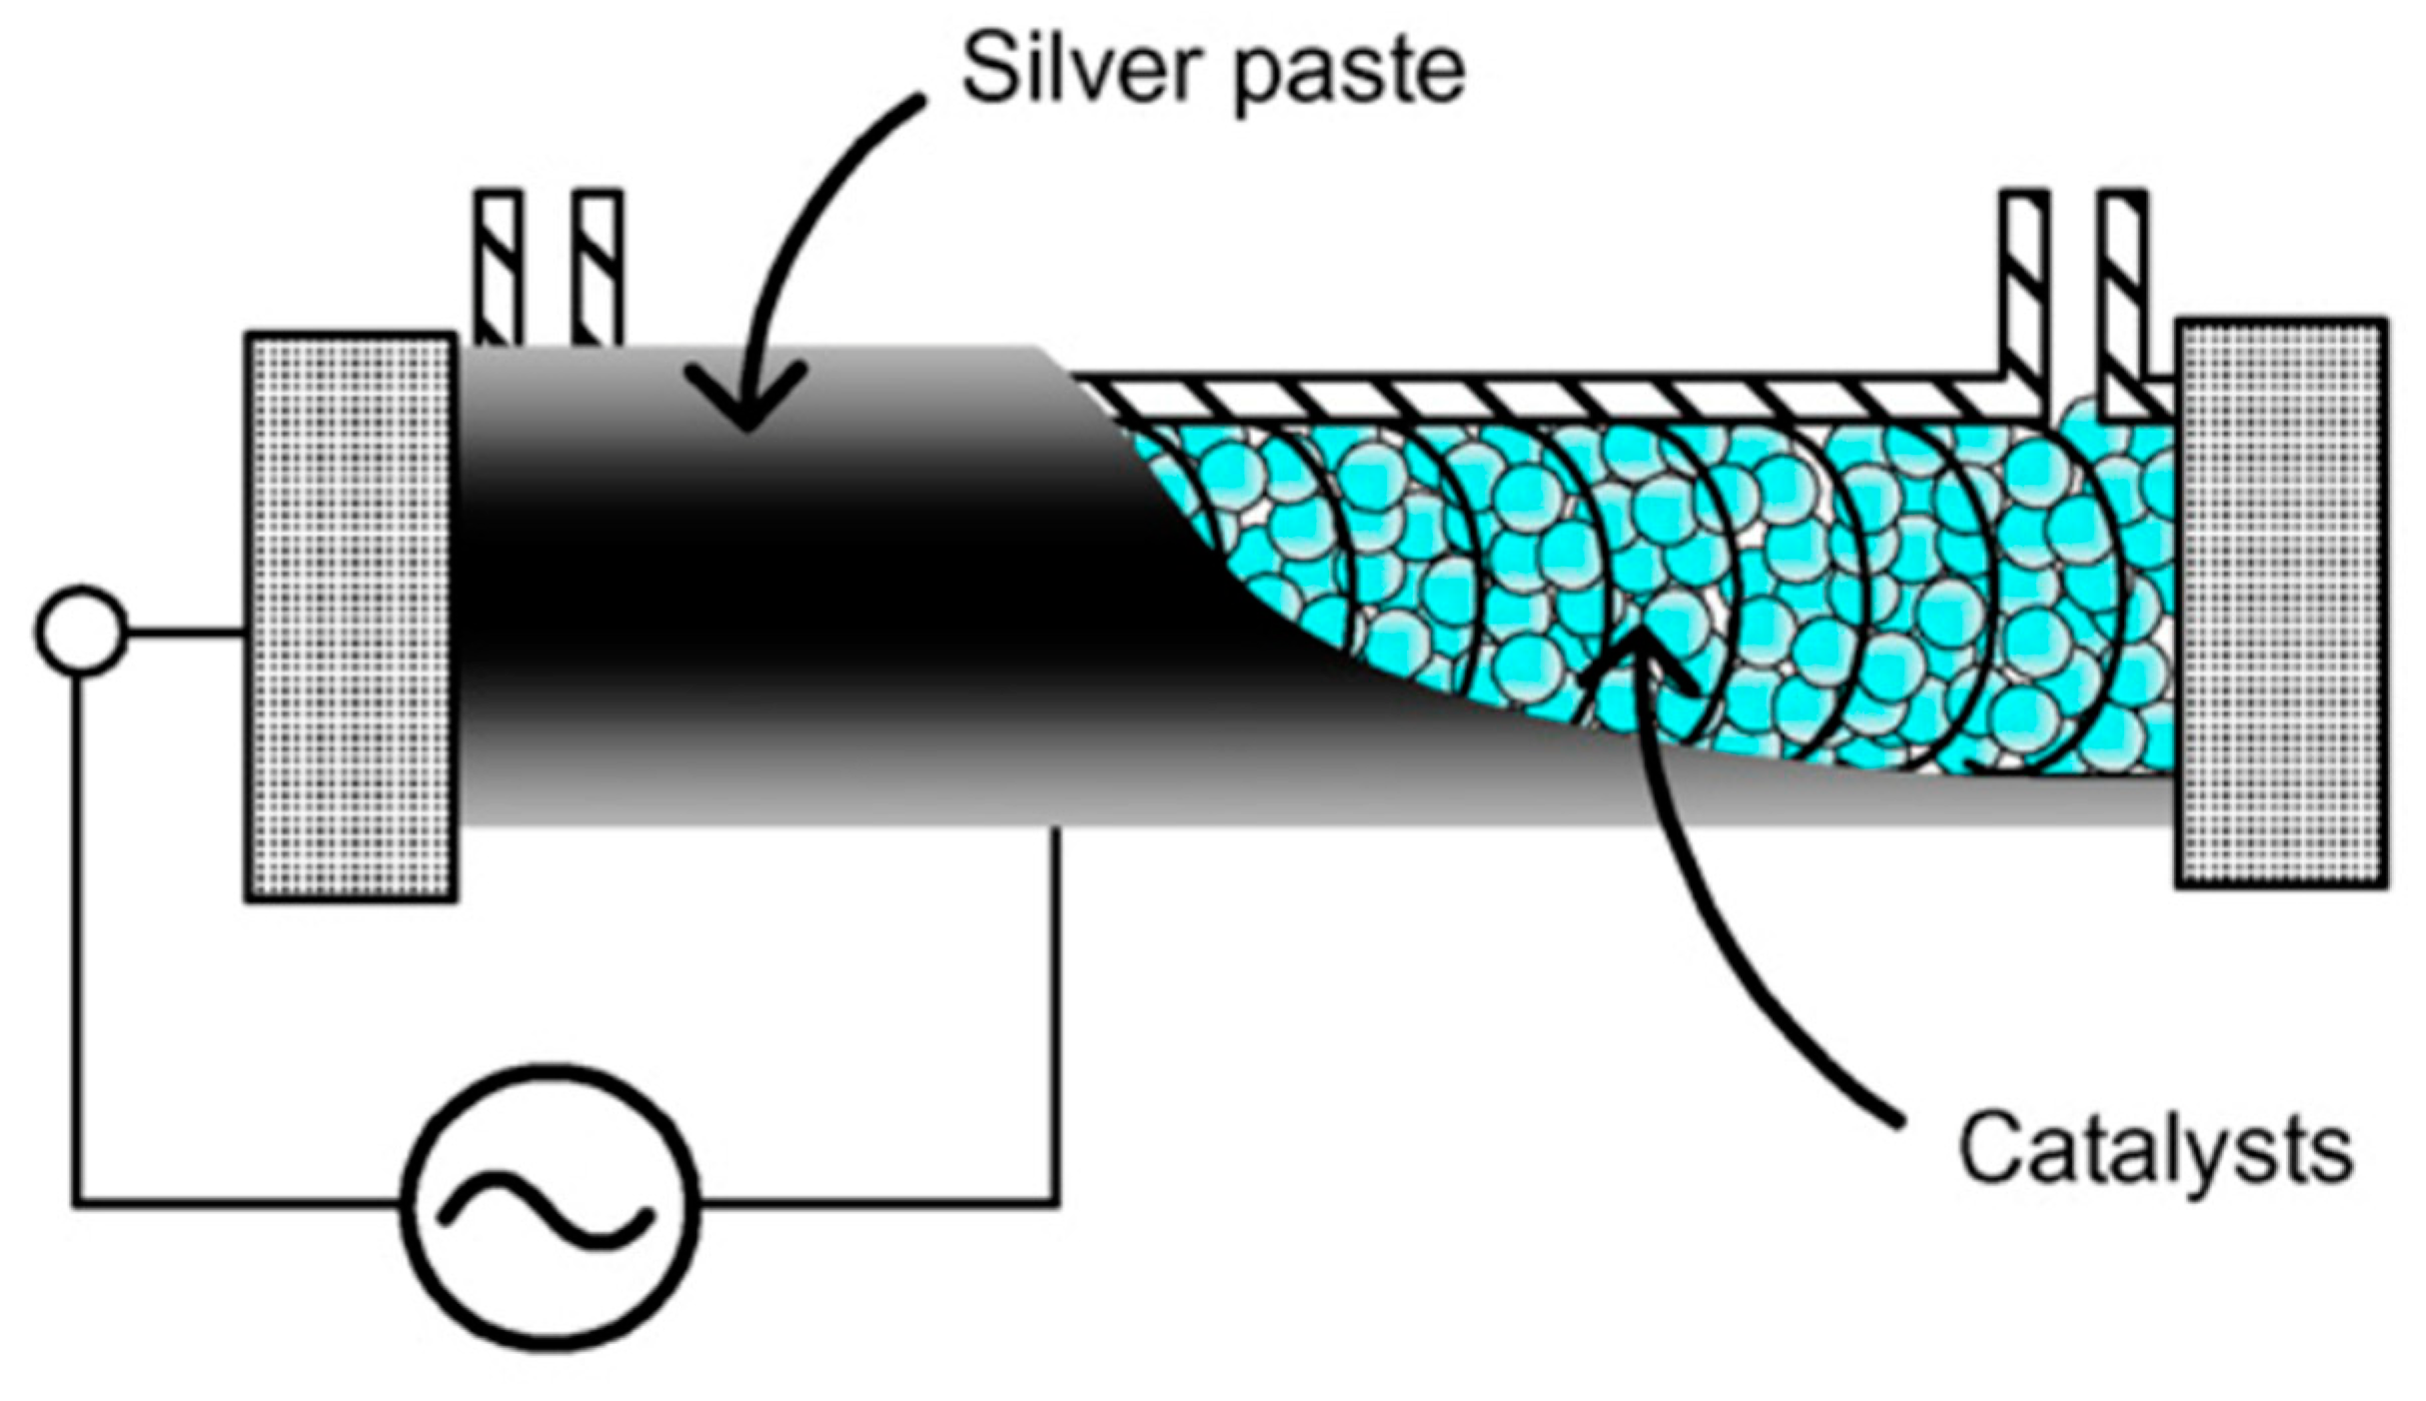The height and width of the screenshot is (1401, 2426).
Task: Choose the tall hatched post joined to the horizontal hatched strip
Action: click(2024, 290)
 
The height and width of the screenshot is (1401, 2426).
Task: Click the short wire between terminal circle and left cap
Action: click(186, 632)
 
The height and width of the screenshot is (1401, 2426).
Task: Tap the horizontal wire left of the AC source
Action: click(240, 1201)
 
